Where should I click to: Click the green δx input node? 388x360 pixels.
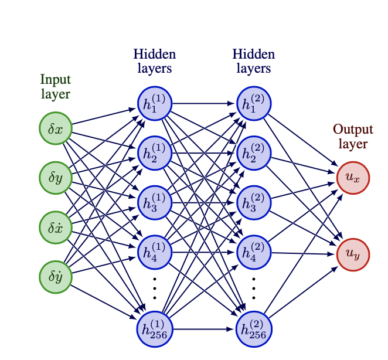[55, 127]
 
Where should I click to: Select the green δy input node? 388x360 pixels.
[55, 176]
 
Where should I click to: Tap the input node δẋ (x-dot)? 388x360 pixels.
[55, 226]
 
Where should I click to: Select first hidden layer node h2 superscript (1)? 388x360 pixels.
[155, 152]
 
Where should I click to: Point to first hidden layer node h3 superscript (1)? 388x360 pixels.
[155, 202]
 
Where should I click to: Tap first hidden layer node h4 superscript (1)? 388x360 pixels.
[155, 252]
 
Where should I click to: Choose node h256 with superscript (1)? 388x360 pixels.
[155, 328]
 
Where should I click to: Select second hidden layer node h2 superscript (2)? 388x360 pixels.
[254, 152]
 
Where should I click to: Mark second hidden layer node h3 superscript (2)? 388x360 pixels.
[254, 202]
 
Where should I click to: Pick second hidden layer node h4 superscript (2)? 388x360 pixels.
[254, 252]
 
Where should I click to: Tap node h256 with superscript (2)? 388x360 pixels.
[254, 328]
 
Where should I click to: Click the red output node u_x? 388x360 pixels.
[353, 176]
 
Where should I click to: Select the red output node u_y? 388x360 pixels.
[353, 254]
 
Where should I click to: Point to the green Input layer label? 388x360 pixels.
[55, 86]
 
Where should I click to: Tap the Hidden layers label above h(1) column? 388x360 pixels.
[155, 61]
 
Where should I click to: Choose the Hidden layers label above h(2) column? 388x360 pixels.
[254, 61]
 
